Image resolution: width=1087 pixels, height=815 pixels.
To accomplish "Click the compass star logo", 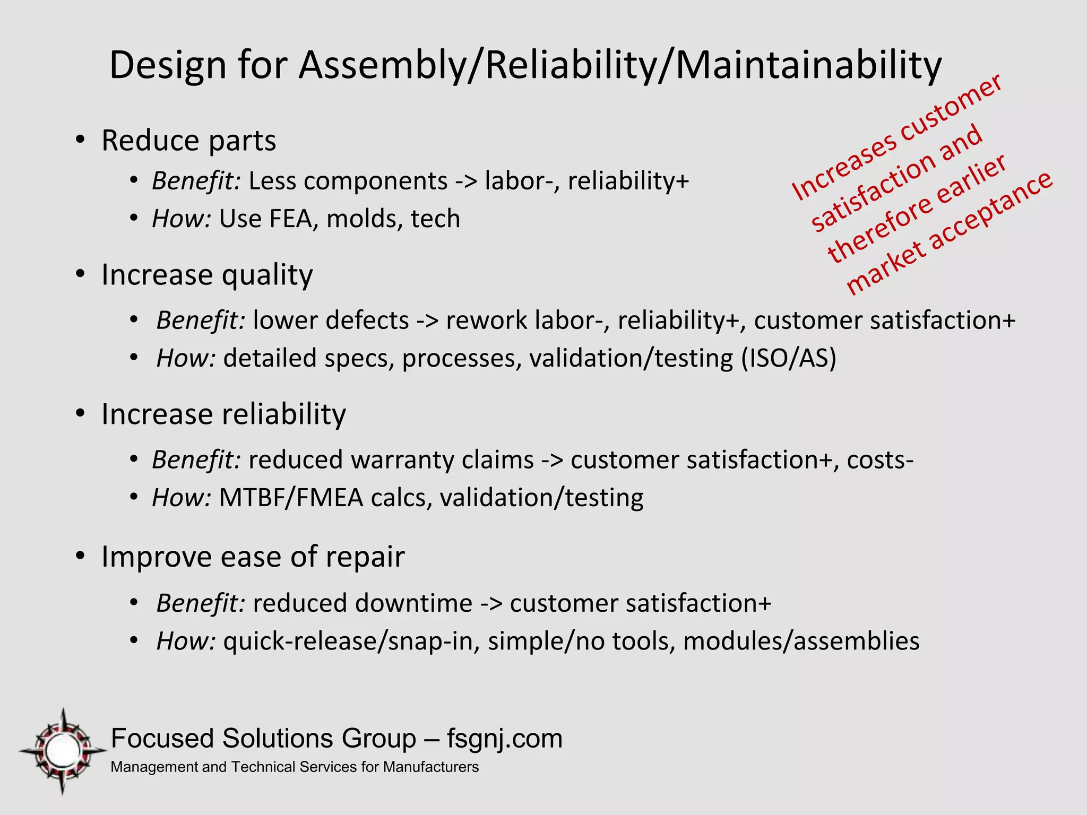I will [x=63, y=751].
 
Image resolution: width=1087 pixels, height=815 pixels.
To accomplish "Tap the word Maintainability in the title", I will [x=808, y=66].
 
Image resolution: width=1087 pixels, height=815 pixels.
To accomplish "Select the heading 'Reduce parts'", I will [x=188, y=141].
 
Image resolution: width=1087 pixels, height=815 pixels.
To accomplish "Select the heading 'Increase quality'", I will [x=207, y=275].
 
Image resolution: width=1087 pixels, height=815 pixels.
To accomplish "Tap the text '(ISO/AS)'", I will [x=788, y=358].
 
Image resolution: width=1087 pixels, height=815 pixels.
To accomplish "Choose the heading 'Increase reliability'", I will [x=223, y=414].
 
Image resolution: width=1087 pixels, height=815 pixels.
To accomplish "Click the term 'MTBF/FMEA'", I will [x=291, y=498].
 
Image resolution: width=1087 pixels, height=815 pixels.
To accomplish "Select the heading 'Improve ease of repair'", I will [x=253, y=557].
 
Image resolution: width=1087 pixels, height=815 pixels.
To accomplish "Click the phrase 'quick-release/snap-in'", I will [x=348, y=641].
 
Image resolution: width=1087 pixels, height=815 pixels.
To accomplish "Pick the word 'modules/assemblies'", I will [x=801, y=641].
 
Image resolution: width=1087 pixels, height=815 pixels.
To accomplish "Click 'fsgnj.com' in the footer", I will [x=504, y=739].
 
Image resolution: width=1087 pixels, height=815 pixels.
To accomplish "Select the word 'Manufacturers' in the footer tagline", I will [x=430, y=767].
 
